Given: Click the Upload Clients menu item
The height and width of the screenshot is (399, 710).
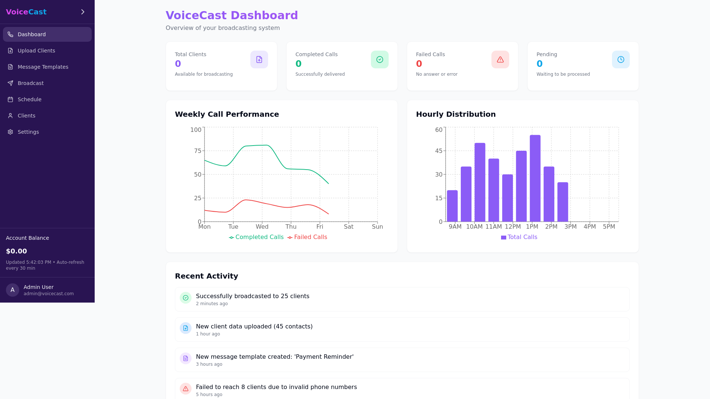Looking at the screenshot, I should pyautogui.click(x=36, y=51).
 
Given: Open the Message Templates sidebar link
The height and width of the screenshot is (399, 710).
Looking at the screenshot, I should pyautogui.click(x=43, y=67).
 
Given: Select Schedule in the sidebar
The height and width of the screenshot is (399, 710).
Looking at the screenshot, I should pyautogui.click(x=30, y=99).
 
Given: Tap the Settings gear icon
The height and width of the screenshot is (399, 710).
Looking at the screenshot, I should pyautogui.click(x=10, y=132).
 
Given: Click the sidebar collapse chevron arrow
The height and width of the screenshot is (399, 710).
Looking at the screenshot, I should pyautogui.click(x=83, y=12).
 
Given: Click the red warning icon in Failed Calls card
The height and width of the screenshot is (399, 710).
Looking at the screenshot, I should pyautogui.click(x=500, y=59).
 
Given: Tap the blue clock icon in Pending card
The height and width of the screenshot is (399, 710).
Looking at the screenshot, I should pyautogui.click(x=621, y=59).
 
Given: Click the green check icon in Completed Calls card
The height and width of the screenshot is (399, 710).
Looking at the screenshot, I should pyautogui.click(x=379, y=59).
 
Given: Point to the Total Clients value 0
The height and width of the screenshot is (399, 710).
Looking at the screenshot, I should pyautogui.click(x=178, y=64).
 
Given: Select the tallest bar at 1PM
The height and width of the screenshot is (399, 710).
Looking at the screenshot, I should pyautogui.click(x=535, y=178).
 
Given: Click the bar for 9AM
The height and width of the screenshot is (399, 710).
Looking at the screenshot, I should pyautogui.click(x=452, y=206).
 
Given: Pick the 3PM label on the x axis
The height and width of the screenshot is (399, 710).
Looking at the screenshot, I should pyautogui.click(x=570, y=227).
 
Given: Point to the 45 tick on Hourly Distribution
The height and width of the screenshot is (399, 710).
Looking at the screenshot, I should pyautogui.click(x=439, y=151).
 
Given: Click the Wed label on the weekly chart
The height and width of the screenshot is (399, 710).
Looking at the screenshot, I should pyautogui.click(x=262, y=227).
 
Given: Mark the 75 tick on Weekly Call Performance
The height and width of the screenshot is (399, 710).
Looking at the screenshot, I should pyautogui.click(x=197, y=151).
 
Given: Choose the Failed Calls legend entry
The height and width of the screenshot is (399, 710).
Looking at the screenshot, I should pyautogui.click(x=307, y=237).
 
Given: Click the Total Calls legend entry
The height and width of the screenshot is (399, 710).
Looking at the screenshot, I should pyautogui.click(x=519, y=237).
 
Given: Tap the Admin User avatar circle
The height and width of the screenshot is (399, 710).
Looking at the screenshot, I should pyautogui.click(x=13, y=290).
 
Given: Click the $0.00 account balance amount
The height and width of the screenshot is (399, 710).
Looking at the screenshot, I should pyautogui.click(x=16, y=251).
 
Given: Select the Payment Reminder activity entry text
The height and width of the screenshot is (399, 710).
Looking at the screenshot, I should pyautogui.click(x=274, y=357).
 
